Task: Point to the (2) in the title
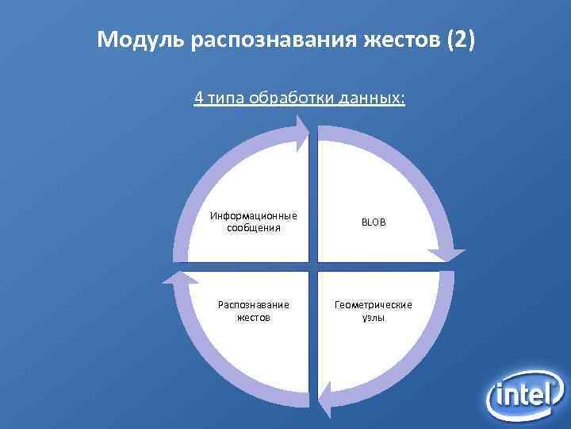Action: point(460,41)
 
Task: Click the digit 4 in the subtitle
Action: point(199,99)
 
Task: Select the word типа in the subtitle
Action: point(226,99)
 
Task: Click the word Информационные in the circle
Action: point(254,215)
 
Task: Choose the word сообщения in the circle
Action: point(254,227)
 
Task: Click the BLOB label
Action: point(374,222)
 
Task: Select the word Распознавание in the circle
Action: point(254,304)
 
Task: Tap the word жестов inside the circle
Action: point(254,317)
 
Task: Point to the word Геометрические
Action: point(374,304)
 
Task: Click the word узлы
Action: point(374,317)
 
